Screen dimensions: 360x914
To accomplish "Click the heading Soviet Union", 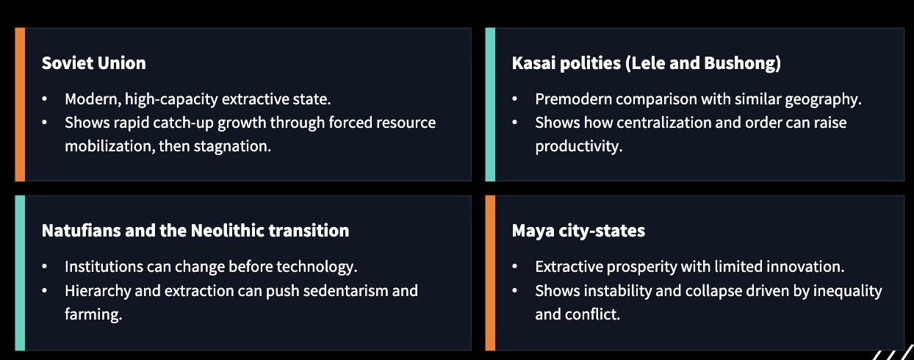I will click(x=93, y=63).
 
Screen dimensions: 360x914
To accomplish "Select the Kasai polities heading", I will click(x=646, y=63).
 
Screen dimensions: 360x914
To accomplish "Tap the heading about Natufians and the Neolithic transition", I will click(x=195, y=230).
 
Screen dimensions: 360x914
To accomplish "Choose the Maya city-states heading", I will click(x=578, y=231).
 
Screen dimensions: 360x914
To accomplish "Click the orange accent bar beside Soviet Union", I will click(x=20, y=104).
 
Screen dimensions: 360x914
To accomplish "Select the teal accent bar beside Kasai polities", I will click(x=490, y=104).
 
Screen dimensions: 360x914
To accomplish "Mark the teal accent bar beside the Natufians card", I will click(x=20, y=273).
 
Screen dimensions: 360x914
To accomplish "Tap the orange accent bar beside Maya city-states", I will click(x=490, y=273).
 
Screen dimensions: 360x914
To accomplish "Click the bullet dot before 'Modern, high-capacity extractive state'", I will click(x=45, y=99).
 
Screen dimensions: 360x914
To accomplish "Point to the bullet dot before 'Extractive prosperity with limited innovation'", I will click(x=515, y=267).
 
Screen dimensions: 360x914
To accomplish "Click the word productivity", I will click(x=578, y=146).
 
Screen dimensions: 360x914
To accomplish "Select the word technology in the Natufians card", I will click(x=320, y=266).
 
